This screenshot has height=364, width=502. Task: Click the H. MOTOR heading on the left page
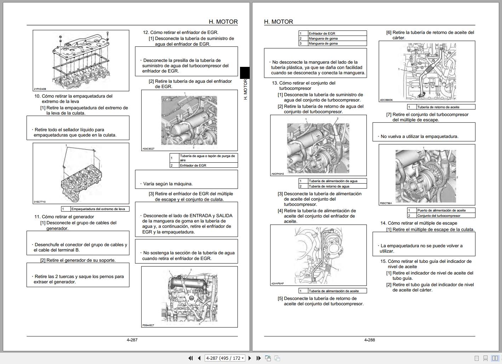tap(223, 22)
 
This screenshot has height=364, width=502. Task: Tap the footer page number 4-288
tap(369, 340)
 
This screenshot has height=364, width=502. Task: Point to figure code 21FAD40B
tap(40, 89)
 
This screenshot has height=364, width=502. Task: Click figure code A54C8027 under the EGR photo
tap(148, 149)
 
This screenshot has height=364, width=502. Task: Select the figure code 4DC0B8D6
tap(386, 100)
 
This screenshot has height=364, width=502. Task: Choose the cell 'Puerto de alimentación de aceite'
tap(441, 210)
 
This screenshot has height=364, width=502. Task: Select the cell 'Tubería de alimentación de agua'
tap(333, 181)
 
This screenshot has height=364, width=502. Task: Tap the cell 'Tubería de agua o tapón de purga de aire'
tap(207, 158)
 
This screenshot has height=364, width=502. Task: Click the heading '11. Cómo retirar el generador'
tap(64, 216)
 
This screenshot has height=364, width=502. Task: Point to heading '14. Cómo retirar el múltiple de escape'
tap(419, 223)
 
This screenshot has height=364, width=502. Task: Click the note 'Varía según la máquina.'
tap(168, 184)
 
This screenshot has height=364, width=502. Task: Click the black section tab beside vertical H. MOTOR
tap(245, 73)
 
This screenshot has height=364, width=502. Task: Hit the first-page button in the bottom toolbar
tap(190, 358)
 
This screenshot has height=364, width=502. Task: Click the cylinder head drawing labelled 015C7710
tap(81, 173)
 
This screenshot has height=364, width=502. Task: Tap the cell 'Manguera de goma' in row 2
tap(323, 39)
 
